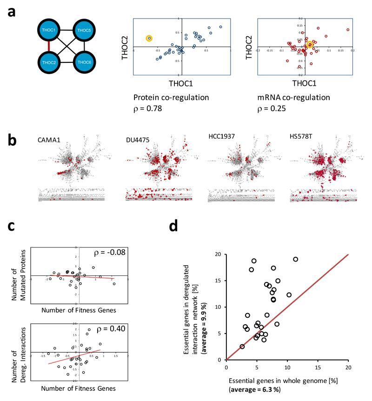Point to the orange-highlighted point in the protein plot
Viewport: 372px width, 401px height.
[x=149, y=38]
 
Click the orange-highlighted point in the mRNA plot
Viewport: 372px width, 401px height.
[x=310, y=45]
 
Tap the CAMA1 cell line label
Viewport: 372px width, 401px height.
[x=52, y=140]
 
